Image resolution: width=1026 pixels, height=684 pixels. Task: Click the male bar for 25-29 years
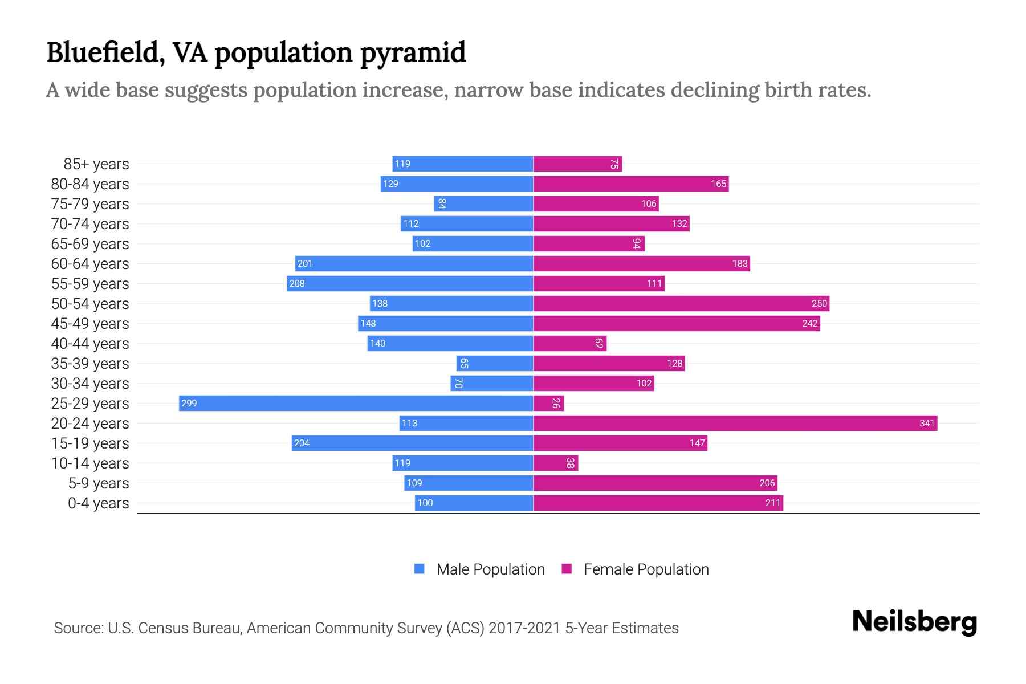356,403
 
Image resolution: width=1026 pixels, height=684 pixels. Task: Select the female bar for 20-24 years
735,423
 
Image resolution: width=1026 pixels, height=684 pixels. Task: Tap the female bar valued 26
548,403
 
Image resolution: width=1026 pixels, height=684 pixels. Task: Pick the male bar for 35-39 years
495,363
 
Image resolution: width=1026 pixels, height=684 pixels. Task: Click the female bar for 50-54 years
681,303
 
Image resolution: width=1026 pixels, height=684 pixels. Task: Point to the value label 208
297,283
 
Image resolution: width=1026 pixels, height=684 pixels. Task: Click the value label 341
927,423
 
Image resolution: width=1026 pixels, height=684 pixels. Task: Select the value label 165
718,184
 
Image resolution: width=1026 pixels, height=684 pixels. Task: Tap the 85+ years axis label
96,164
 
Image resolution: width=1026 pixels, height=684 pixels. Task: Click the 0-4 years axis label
98,503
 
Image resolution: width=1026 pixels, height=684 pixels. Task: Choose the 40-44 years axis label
90,344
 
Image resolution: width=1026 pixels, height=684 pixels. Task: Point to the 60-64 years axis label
90,264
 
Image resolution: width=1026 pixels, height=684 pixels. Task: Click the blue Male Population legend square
420,569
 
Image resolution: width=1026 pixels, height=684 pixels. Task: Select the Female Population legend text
646,569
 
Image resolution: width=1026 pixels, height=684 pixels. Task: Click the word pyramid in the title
413,52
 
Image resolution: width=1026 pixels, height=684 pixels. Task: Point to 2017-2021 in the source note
524,628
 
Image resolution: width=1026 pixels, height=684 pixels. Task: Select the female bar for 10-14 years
555,463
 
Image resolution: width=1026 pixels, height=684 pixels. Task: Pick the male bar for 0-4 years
474,503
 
